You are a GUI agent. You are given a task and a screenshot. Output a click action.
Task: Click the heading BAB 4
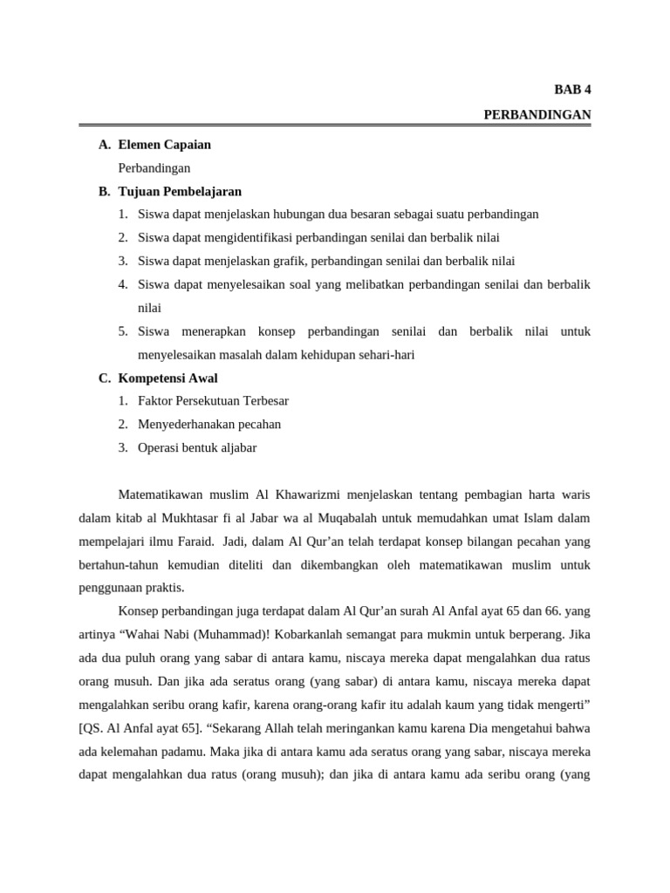572,90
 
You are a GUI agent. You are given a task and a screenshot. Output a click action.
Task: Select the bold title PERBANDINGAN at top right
537,114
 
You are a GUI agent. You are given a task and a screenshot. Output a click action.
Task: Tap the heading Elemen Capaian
164,145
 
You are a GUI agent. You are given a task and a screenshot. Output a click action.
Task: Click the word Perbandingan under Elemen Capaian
154,167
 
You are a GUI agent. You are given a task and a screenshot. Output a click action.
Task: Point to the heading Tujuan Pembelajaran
180,191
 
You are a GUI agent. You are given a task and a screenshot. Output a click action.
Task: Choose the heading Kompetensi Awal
167,378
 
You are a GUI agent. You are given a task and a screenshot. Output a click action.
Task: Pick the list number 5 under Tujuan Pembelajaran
123,331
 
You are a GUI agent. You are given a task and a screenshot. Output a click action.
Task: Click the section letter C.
104,378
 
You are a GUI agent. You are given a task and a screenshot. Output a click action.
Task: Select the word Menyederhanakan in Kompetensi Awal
182,425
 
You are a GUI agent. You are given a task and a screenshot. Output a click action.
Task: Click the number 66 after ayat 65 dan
536,611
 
